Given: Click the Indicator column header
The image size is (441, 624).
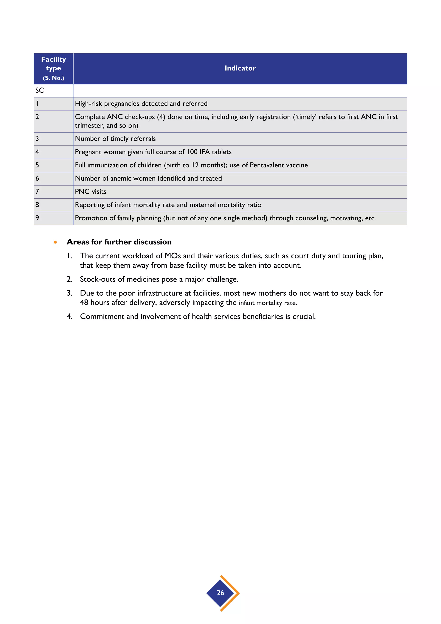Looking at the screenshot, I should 240,68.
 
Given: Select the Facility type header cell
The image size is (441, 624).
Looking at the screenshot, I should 53,68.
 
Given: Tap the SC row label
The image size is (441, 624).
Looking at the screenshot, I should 40,90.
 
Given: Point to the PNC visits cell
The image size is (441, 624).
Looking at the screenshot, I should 91,192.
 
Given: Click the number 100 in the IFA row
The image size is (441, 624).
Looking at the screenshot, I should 192,152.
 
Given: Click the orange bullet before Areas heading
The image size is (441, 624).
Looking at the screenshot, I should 55,242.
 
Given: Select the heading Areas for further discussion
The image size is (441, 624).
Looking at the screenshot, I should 119,242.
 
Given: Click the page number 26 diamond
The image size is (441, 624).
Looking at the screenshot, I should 220,593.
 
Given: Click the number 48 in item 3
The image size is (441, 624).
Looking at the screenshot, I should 84,303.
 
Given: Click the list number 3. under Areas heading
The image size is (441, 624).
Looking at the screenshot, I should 70,293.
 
